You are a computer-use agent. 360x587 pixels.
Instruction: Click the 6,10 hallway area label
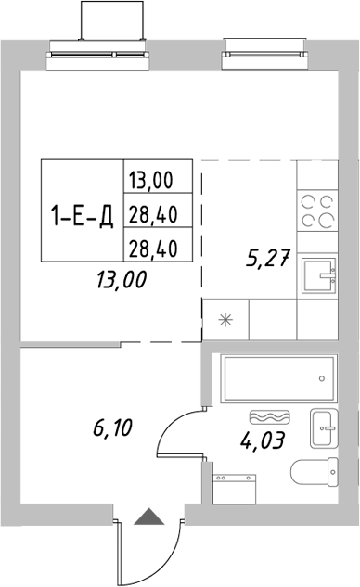[x=112, y=428]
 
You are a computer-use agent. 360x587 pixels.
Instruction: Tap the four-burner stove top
[x=318, y=211]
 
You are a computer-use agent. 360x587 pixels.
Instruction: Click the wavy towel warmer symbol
[x=270, y=418]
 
